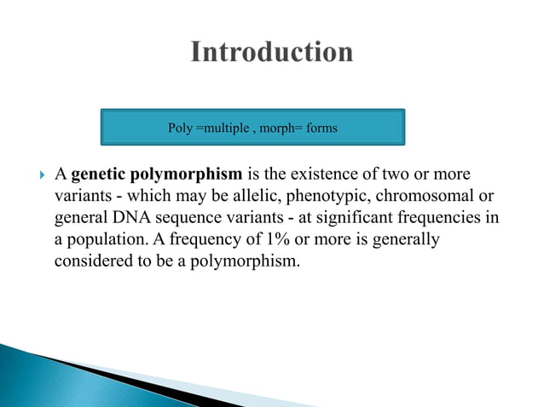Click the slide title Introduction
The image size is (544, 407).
coord(271,53)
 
